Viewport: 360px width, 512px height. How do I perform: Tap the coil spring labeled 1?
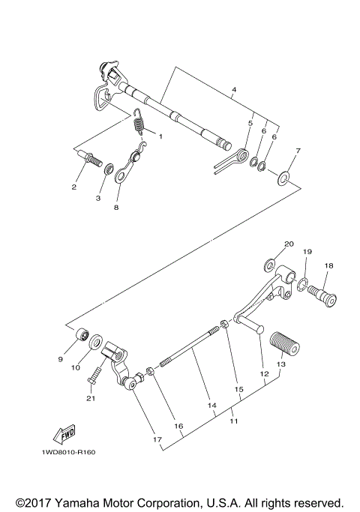pos(139,121)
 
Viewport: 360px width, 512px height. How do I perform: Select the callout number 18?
pos(328,266)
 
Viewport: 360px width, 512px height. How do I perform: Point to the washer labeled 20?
pos(270,266)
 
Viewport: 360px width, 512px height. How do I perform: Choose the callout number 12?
pos(263,373)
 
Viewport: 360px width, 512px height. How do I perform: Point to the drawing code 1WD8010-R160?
pos(63,452)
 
